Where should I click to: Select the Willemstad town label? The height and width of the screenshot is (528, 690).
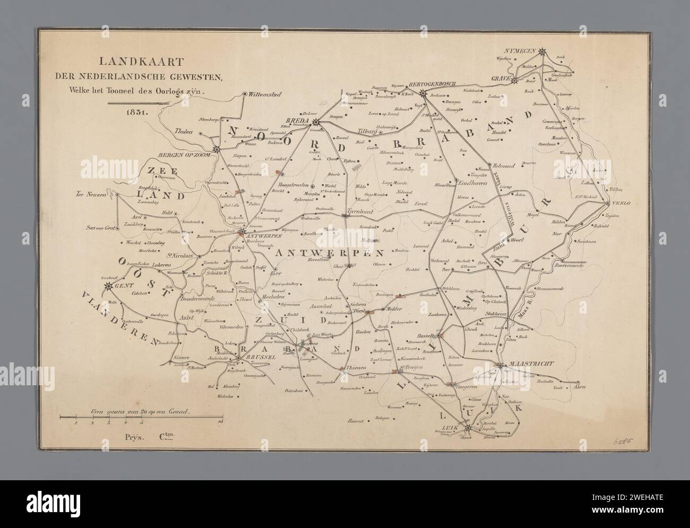click(264, 94)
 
